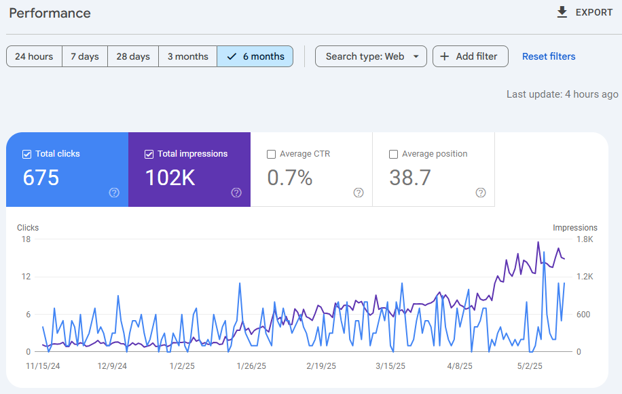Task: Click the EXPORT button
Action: (584, 12)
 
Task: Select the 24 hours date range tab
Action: (34, 56)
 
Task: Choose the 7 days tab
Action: (84, 56)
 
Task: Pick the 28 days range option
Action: (132, 56)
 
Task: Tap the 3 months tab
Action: (187, 56)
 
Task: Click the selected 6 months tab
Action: (255, 56)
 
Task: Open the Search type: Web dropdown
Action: (371, 56)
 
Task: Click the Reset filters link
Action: (549, 56)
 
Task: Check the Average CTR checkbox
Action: (272, 154)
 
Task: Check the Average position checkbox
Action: (393, 154)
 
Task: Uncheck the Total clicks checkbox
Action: (27, 154)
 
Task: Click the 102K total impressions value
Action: (170, 178)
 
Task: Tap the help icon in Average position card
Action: (481, 193)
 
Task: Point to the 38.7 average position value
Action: (410, 178)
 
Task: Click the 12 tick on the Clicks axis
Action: (26, 277)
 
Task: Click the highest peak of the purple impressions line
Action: (538, 242)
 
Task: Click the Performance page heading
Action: (50, 13)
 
